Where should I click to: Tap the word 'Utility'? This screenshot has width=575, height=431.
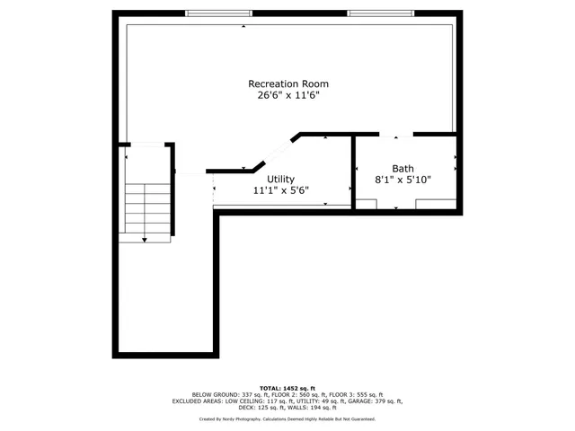pos(280,180)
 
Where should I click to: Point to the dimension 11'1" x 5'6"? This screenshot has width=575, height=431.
pos(280,190)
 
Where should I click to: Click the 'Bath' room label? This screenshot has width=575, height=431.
pos(402,169)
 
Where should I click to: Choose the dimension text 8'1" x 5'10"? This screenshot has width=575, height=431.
pos(402,180)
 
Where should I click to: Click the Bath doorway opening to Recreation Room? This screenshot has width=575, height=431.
pos(396,136)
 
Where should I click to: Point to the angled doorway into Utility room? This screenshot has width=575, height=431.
pos(279,151)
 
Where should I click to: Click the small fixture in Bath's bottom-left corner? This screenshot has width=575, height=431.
pos(365,204)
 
